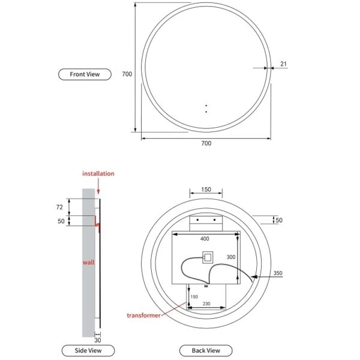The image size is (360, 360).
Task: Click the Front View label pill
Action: tap(85, 74)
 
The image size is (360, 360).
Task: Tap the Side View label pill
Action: tap(88, 350)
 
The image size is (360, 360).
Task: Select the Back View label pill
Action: tap(206, 350)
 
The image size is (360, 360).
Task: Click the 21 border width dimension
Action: tap(284, 64)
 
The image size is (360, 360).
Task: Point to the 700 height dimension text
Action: tap(127, 74)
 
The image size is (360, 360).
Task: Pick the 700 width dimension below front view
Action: tap(206, 143)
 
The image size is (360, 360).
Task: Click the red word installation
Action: tap(98, 173)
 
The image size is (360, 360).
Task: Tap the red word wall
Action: tap(89, 262)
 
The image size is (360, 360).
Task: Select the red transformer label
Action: tap(144, 315)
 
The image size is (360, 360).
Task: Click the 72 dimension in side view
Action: tap(59, 207)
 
